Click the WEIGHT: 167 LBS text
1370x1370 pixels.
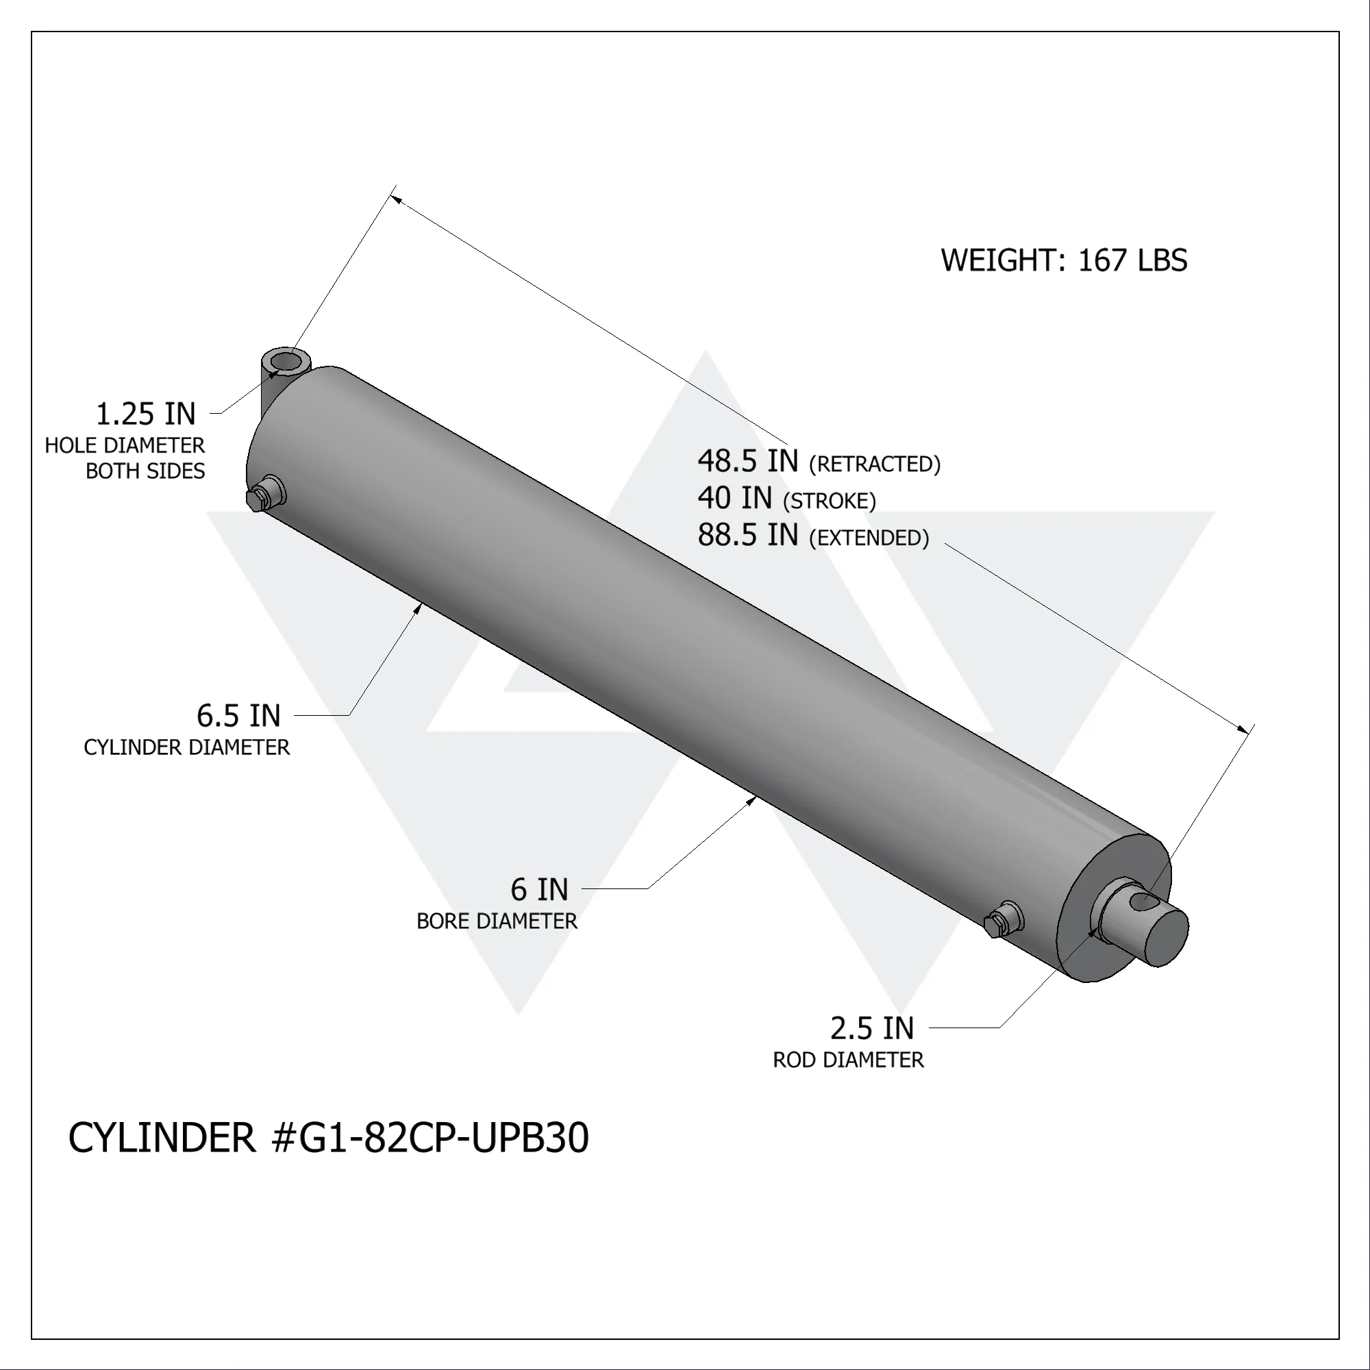point(1063,260)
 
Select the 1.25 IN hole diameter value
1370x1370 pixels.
point(145,414)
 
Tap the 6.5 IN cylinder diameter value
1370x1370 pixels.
point(238,716)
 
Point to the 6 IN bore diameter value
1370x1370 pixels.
point(539,889)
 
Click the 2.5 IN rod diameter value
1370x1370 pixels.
point(871,1028)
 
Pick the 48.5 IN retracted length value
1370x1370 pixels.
point(747,461)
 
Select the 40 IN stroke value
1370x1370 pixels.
point(734,498)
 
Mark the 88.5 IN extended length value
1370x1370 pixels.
point(747,535)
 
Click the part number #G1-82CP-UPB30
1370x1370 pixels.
point(429,1138)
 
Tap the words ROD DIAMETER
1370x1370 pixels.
point(848,1060)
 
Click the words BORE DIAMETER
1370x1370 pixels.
point(497,921)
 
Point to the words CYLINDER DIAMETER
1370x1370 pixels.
point(186,747)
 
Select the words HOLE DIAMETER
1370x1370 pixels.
point(125,445)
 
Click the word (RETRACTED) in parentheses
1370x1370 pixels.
point(874,464)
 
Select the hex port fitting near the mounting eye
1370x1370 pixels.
point(261,498)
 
